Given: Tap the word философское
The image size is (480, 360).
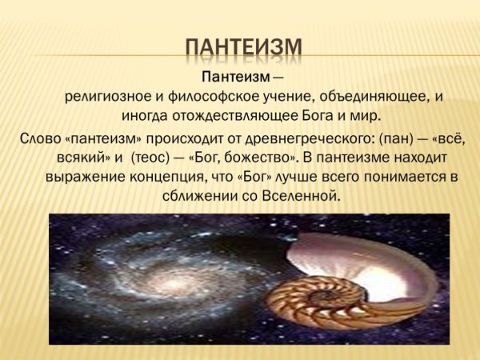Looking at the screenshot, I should [x=203, y=98].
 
